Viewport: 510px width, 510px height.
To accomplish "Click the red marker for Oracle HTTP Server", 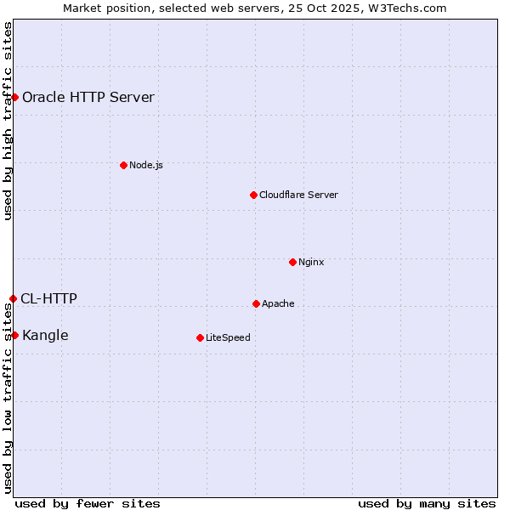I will click(14, 97).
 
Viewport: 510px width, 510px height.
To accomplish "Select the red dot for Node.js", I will click(123, 165).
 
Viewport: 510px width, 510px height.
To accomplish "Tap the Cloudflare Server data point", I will click(253, 195).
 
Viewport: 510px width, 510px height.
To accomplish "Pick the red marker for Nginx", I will click(292, 262).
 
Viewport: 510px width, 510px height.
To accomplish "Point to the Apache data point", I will click(256, 303).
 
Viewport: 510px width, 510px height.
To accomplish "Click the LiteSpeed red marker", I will click(200, 337).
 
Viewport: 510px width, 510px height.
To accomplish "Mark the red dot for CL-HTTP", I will click(13, 298).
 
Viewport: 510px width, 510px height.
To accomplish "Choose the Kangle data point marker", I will click(14, 335).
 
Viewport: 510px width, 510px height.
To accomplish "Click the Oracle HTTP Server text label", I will click(88, 97).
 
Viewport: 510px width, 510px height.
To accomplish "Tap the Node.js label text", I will click(146, 165).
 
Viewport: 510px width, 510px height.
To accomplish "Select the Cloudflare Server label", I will click(298, 195).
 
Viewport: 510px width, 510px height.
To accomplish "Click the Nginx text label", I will click(311, 262).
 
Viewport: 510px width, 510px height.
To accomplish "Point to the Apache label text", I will click(278, 303).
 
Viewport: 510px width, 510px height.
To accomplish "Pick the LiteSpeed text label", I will click(228, 337).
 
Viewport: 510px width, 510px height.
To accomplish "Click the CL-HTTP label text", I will click(48, 298).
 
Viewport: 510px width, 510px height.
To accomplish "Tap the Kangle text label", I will click(45, 335).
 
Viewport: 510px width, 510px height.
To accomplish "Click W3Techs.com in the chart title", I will click(411, 8).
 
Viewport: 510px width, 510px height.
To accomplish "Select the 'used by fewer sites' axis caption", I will click(88, 503).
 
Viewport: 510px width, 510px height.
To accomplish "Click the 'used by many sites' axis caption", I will click(427, 503).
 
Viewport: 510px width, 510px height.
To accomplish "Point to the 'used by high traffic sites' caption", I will click(8, 122).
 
